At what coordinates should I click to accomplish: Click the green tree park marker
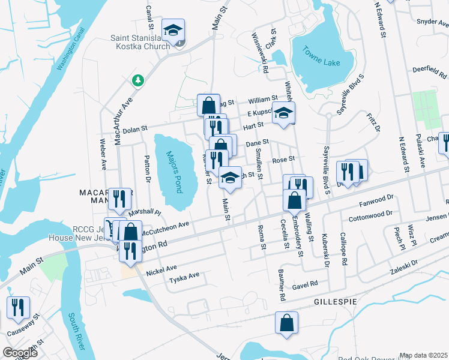138,80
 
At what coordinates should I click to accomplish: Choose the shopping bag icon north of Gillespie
287,322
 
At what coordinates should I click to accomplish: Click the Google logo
20,353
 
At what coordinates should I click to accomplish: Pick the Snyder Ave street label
432,22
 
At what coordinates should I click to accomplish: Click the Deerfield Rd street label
430,71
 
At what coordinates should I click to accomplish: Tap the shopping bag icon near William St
208,104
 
